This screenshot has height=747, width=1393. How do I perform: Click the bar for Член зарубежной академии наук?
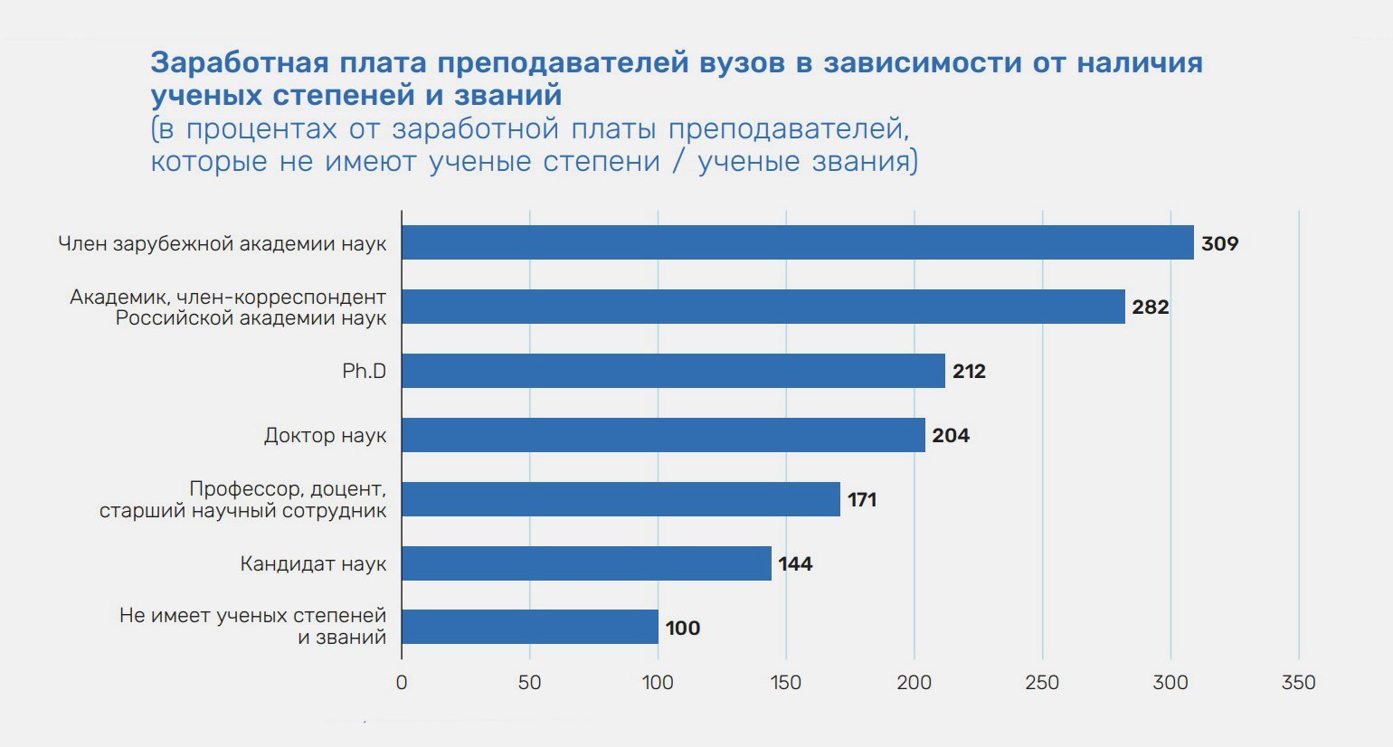[798, 242]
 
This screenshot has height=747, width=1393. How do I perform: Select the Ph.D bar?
[674, 371]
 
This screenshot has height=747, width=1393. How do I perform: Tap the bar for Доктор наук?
[664, 435]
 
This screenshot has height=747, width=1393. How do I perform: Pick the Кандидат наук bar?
[586, 563]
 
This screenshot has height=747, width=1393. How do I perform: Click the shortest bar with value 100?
[530, 627]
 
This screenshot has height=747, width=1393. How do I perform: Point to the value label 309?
[1219, 243]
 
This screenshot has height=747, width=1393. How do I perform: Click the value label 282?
[1151, 307]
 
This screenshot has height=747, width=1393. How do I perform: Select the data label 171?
[862, 499]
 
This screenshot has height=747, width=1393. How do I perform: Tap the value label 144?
[795, 563]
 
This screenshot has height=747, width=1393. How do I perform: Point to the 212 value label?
[969, 372]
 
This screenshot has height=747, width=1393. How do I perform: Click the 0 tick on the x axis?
[402, 682]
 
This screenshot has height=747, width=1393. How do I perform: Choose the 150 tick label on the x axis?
[786, 682]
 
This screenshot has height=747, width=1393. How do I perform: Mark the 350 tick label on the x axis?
[1299, 682]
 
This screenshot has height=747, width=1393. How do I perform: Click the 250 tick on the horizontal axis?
[1042, 682]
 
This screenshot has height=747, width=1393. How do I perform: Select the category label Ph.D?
[364, 372]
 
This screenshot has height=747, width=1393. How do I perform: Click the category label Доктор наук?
[325, 435]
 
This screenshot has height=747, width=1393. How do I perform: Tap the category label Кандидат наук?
[313, 564]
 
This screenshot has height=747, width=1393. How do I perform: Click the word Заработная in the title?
[240, 62]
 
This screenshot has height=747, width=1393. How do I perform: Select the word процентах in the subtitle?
[261, 129]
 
